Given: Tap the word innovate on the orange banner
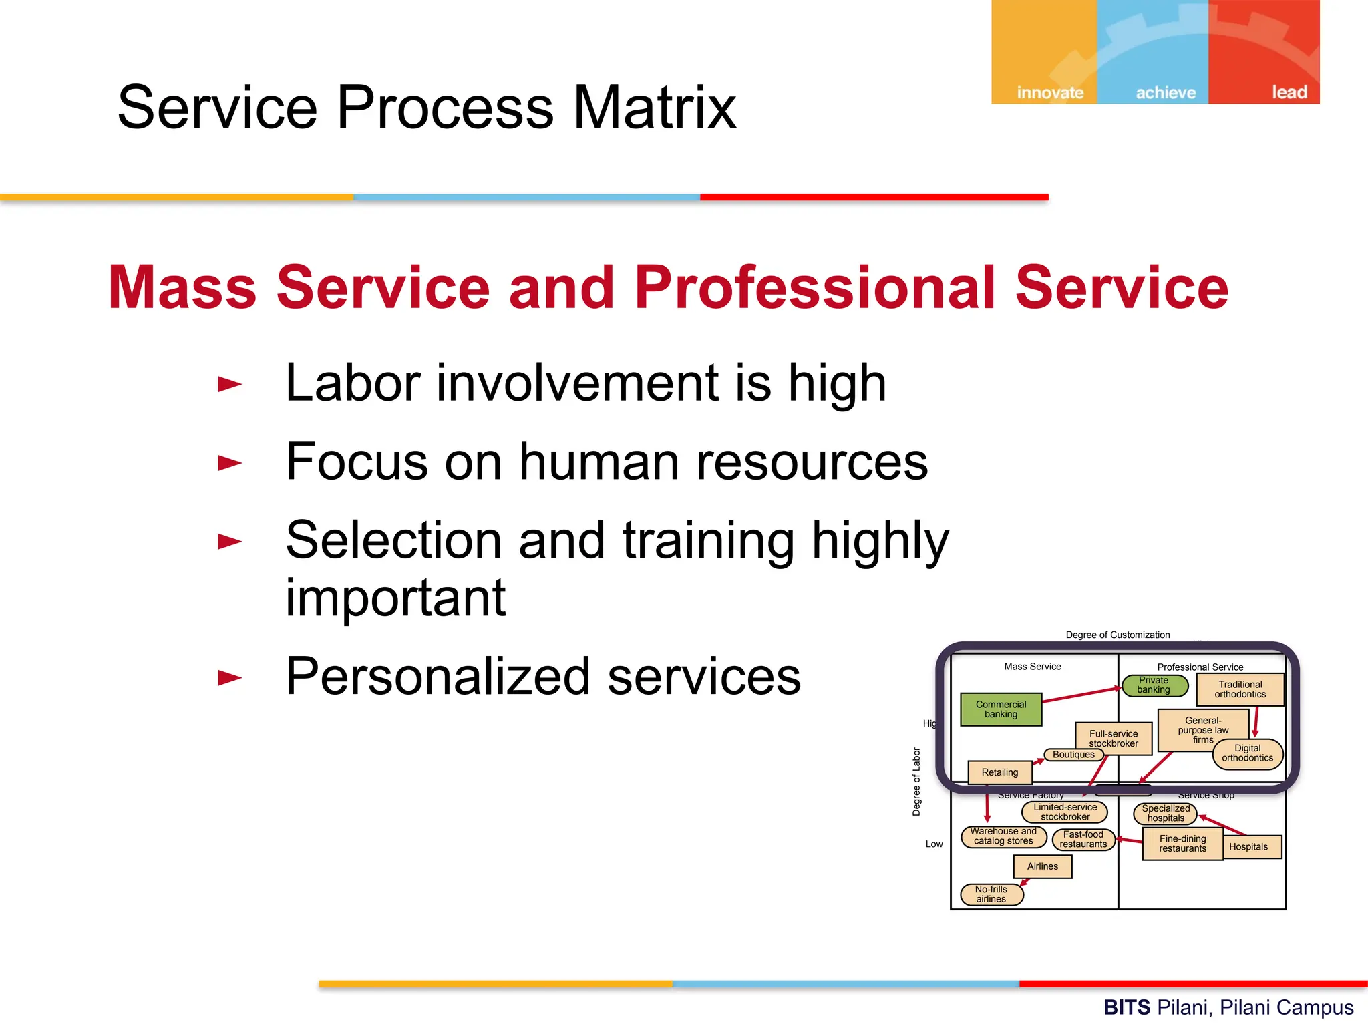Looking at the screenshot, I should click(1050, 92).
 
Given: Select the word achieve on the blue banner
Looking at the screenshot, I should click(1166, 92).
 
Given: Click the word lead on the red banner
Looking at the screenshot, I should click(1289, 92).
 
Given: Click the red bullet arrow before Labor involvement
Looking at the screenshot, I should click(230, 385).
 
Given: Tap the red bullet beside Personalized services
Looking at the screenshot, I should click(230, 678).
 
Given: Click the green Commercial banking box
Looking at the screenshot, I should click(1001, 709).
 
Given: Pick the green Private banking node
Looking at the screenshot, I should click(1154, 685).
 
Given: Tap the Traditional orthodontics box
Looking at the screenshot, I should click(1240, 689).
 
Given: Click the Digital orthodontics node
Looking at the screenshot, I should click(1247, 753).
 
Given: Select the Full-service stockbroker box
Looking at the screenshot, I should click(1113, 738).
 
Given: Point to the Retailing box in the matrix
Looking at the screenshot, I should click(999, 772).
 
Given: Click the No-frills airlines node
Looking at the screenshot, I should click(991, 894).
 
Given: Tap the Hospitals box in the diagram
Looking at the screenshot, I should click(1248, 846).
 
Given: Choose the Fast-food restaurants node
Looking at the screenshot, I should click(1083, 840).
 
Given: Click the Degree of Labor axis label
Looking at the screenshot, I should click(916, 782).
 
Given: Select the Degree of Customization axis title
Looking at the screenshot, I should click(1118, 635).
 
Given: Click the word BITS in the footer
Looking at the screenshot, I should click(1126, 1007).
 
